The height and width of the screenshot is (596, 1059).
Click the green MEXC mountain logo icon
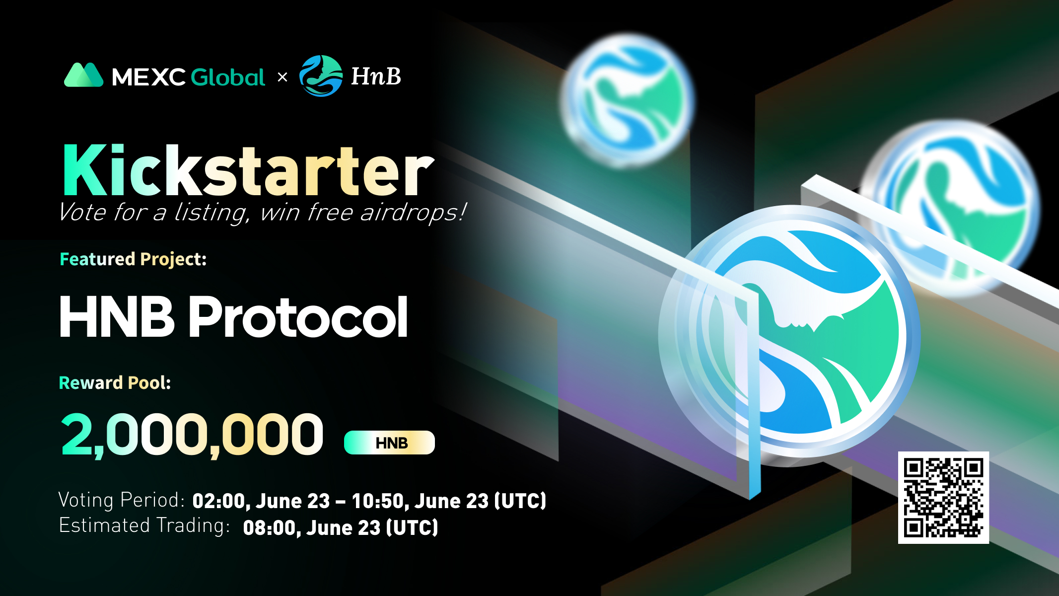click(83, 75)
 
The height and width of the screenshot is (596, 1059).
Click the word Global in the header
click(228, 77)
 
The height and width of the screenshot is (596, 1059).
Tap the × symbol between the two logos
click(282, 77)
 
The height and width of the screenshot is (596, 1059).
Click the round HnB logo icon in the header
click(321, 76)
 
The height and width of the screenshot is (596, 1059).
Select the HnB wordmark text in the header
click(376, 76)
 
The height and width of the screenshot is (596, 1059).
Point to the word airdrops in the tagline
click(413, 213)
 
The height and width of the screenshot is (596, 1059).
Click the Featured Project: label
click(133, 259)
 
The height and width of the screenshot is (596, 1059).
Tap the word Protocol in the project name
click(298, 317)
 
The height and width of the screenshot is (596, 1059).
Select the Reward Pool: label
click(115, 383)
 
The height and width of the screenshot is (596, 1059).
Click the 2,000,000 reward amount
click(192, 435)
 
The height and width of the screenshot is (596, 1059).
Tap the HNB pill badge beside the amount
click(389, 443)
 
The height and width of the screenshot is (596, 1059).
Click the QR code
click(943, 498)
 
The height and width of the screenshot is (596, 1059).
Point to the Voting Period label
click(122, 500)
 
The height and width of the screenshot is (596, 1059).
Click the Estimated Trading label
click(144, 525)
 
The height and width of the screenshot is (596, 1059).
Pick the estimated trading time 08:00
click(269, 528)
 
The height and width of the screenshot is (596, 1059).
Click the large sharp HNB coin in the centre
click(789, 336)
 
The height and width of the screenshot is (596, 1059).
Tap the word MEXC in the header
click(148, 77)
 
